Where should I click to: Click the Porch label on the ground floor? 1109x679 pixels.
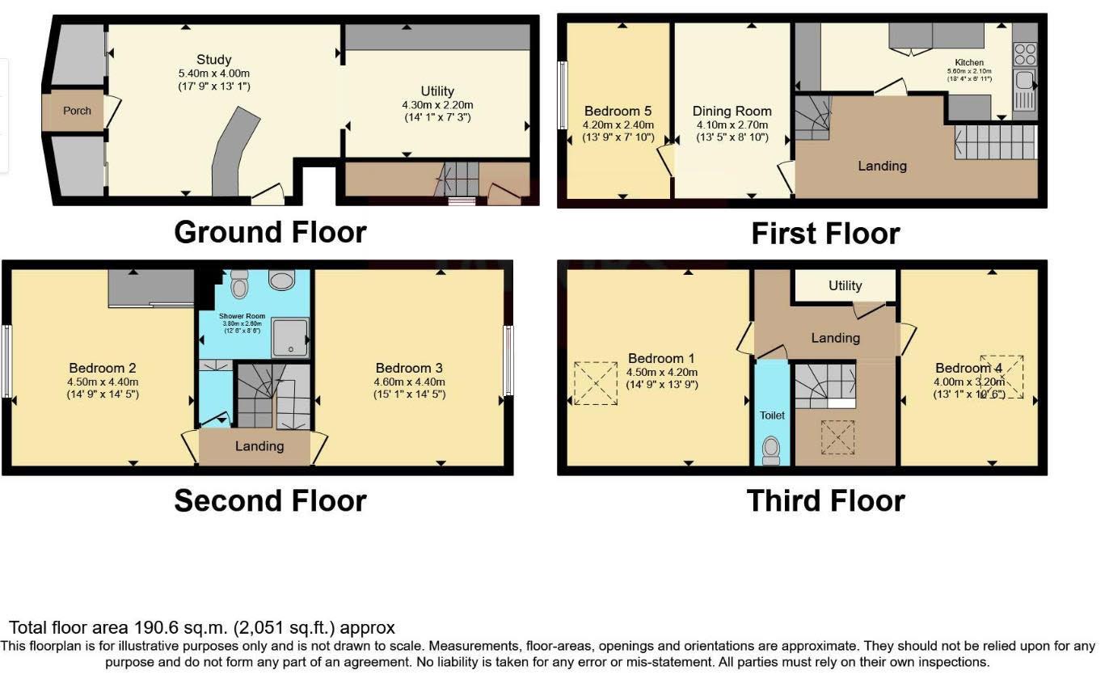[x=77, y=111]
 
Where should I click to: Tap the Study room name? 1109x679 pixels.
[x=213, y=59]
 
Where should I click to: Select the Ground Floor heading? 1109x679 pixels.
[x=270, y=232]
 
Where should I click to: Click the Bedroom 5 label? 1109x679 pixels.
[x=618, y=111]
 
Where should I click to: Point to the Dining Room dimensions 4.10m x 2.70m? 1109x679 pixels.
[x=732, y=125]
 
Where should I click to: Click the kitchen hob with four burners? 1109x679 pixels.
[x=1025, y=53]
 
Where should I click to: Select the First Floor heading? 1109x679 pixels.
[x=825, y=234]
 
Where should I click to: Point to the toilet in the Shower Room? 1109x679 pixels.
[x=239, y=285]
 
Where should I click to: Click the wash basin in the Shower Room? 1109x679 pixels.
[x=281, y=280]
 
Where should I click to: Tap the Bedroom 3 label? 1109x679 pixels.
[x=409, y=368]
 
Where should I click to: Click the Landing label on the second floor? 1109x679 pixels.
[x=259, y=446]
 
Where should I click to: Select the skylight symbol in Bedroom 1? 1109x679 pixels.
[x=594, y=383]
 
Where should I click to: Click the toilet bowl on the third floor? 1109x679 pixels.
[x=772, y=450]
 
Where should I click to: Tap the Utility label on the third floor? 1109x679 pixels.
[x=845, y=285]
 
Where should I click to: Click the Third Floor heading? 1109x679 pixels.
[x=825, y=500]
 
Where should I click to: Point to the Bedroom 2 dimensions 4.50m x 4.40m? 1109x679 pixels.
[x=103, y=382]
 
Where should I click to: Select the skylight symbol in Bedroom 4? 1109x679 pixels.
[x=1002, y=375]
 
